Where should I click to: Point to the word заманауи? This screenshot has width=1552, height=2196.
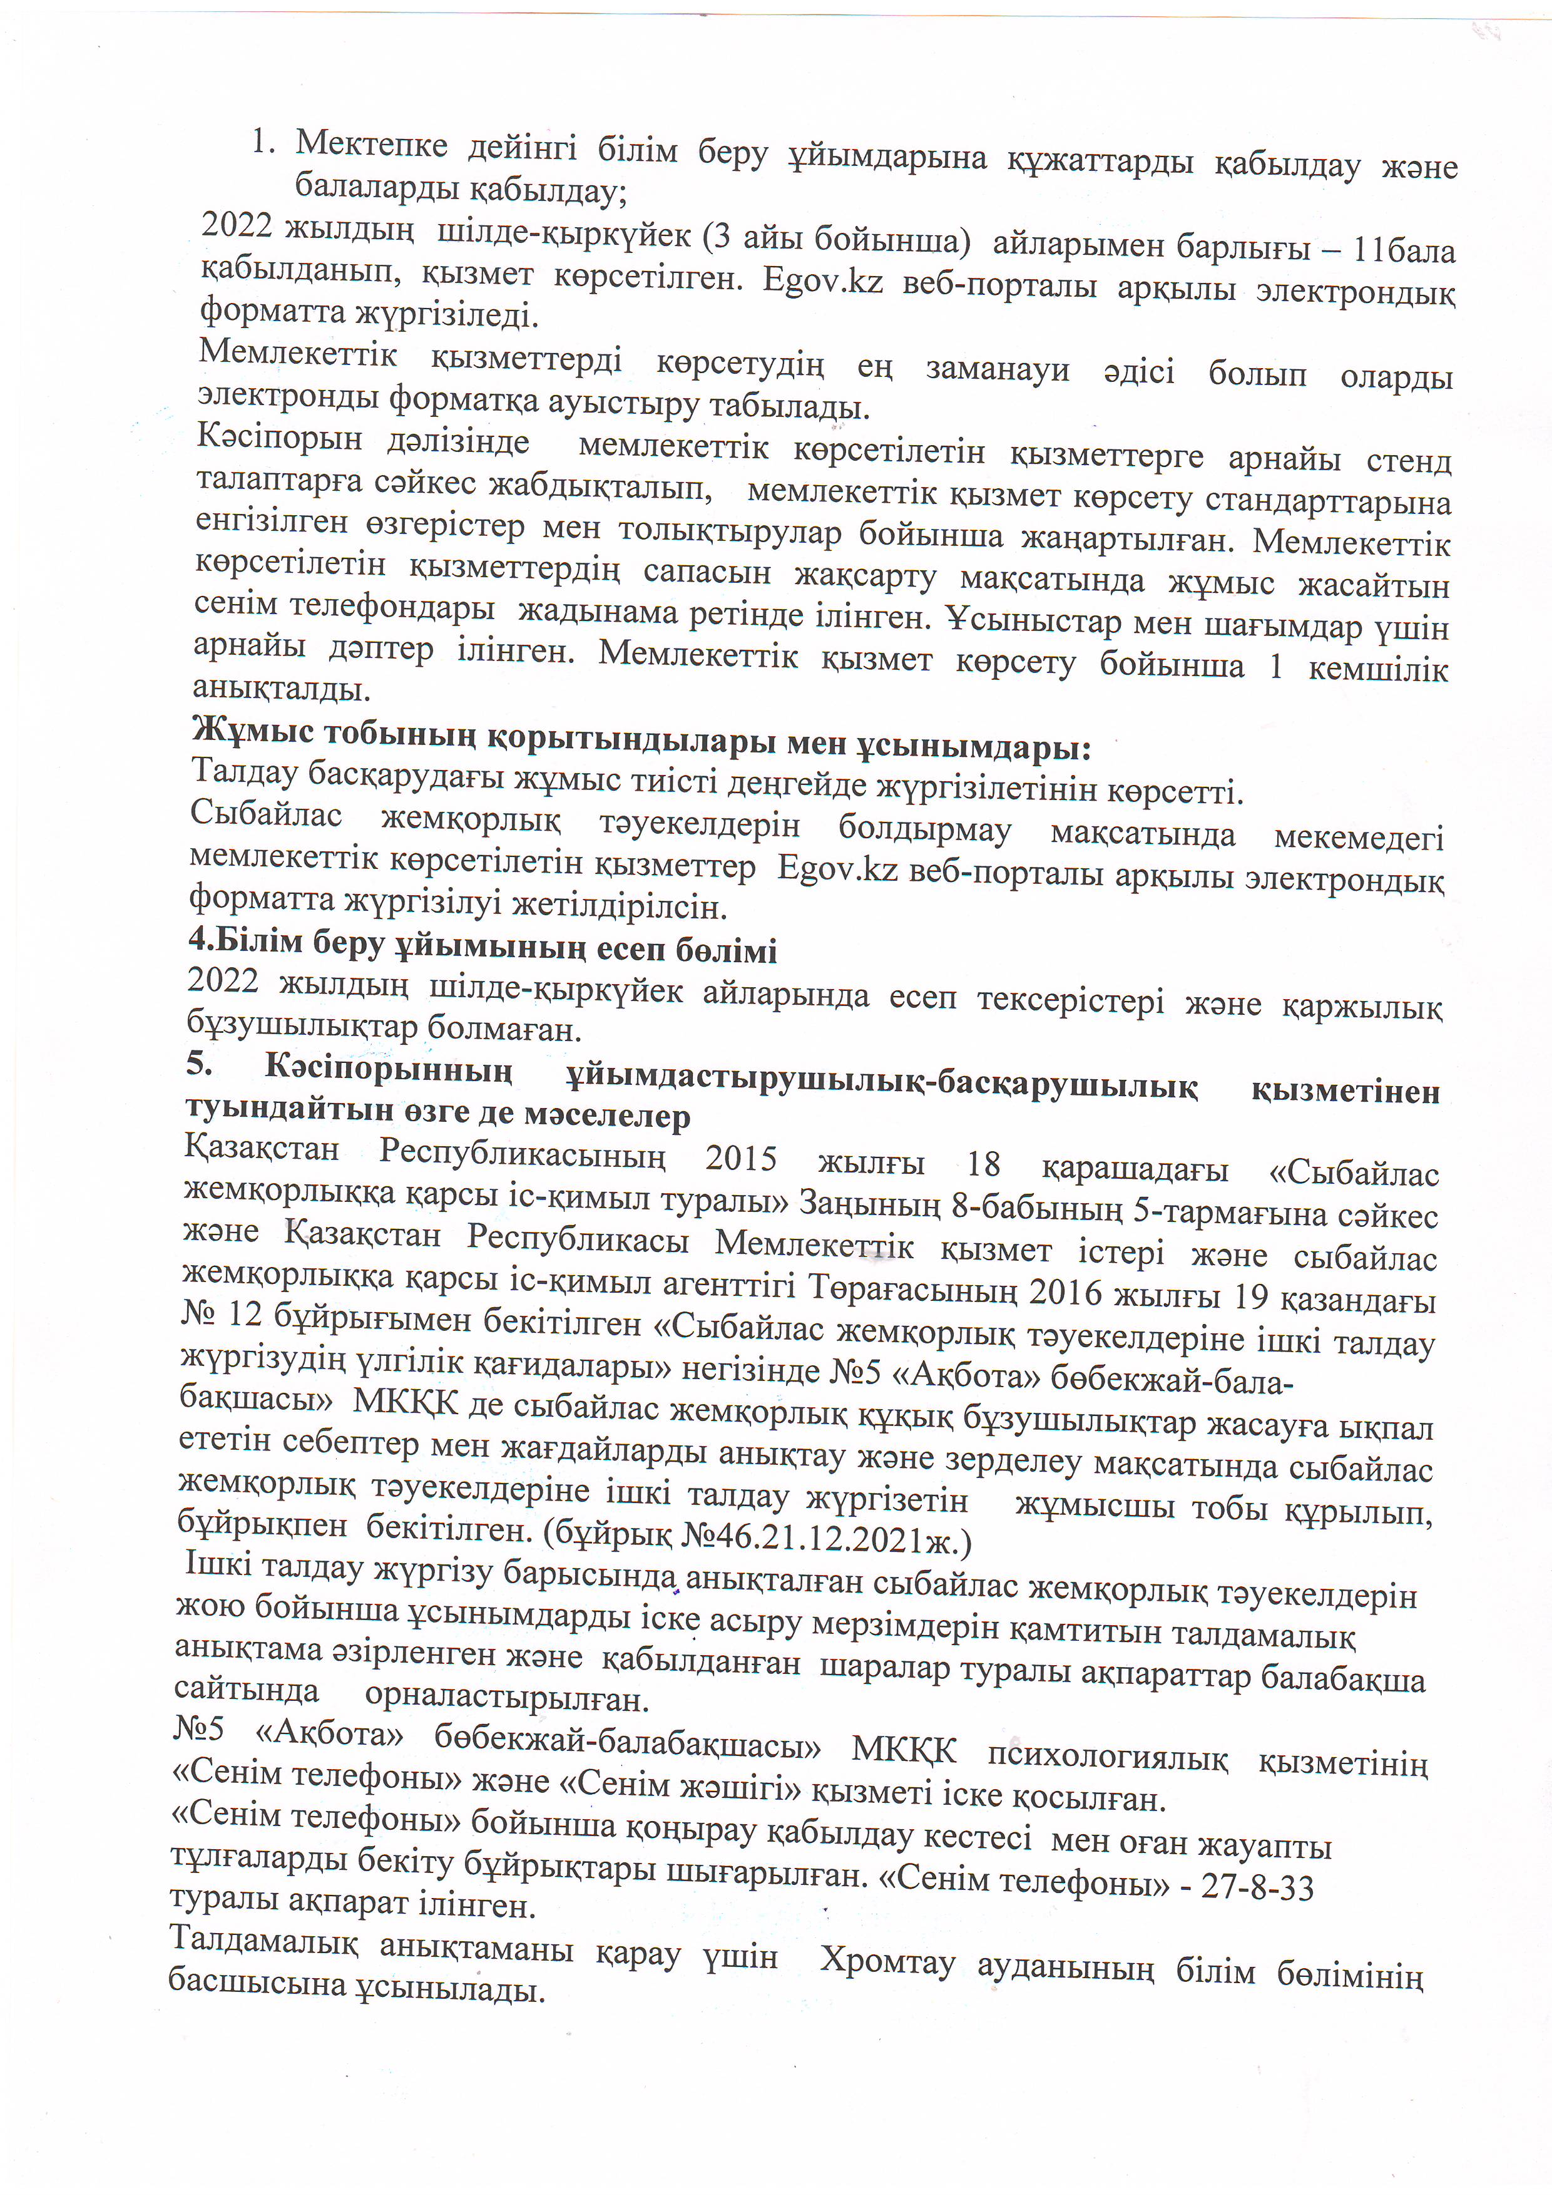click(x=998, y=369)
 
